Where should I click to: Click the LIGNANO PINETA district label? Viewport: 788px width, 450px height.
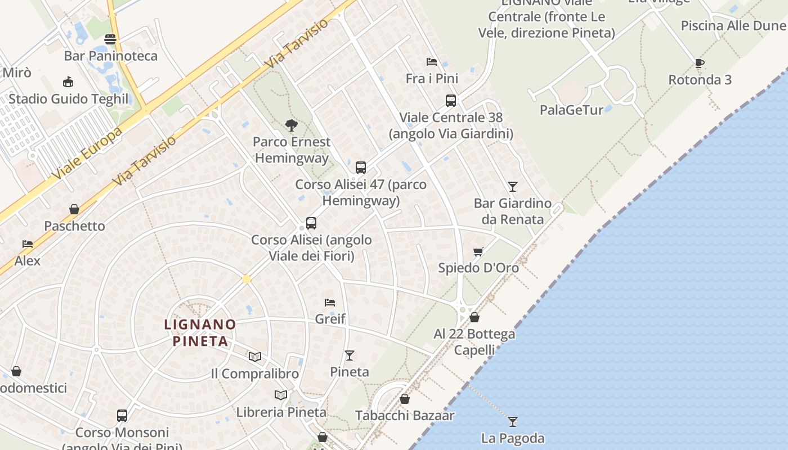tap(200, 332)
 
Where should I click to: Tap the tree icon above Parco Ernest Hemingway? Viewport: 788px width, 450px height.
tap(291, 125)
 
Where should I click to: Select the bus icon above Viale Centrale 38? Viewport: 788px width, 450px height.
tap(450, 101)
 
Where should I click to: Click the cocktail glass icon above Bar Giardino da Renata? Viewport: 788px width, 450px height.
tap(512, 186)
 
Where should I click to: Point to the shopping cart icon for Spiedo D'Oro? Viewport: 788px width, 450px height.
tap(478, 251)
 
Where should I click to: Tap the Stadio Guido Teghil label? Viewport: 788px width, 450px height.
tap(69, 99)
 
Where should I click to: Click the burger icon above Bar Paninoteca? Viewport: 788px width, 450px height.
tap(110, 39)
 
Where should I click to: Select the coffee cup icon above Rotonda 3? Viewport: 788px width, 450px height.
tap(699, 63)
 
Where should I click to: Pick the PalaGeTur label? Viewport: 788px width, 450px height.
tap(571, 110)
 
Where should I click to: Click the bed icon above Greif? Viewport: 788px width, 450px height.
tap(330, 303)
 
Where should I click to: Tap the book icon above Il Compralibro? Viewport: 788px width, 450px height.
tap(255, 357)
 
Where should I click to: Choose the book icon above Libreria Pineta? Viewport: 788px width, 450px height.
tap(281, 395)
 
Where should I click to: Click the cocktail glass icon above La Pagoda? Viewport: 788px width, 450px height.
tap(512, 421)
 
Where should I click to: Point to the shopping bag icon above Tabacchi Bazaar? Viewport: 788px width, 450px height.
tap(404, 399)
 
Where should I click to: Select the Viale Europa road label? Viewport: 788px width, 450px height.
tap(88, 154)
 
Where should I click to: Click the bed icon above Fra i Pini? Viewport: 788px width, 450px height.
tap(432, 61)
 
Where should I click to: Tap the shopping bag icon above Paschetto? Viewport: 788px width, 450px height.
tap(74, 209)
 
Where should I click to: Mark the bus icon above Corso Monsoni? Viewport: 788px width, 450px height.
tap(122, 416)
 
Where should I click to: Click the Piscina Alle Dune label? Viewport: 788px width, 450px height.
tap(732, 26)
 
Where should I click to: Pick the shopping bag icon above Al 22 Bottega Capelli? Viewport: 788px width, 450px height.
tap(474, 317)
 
